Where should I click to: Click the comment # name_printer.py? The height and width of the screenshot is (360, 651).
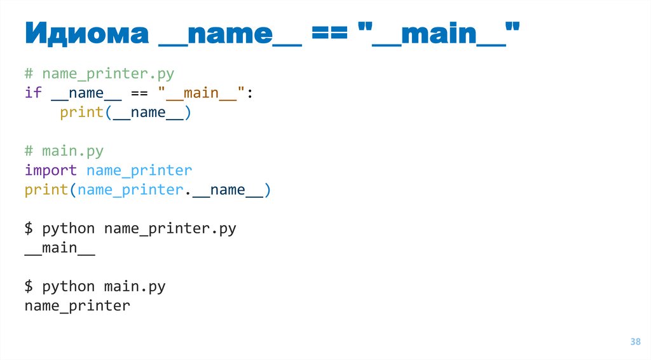coord(99,74)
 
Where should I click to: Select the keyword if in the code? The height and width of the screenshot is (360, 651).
coord(33,93)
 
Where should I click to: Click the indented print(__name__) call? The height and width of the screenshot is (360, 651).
coord(125,113)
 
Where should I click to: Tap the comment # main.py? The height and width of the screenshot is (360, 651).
coord(64,151)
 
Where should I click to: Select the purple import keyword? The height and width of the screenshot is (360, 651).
coord(51,170)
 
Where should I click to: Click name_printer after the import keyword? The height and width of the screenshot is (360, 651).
coord(139,170)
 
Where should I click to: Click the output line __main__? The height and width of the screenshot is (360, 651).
coord(60,248)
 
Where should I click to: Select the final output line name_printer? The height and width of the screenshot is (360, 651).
coord(77,306)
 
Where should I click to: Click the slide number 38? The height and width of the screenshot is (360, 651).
coord(635,342)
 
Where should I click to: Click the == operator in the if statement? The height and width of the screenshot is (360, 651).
coord(139,93)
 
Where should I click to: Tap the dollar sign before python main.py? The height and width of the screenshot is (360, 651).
coord(29,286)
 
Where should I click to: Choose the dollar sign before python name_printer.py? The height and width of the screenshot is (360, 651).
coord(29,228)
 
